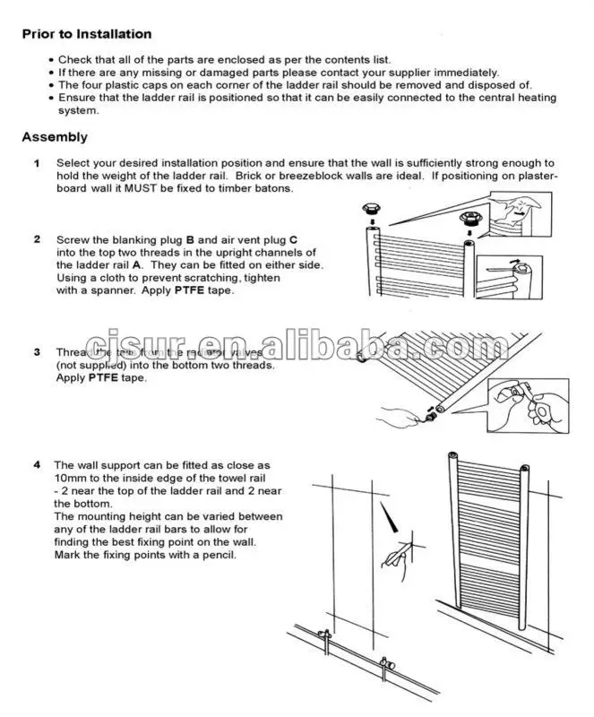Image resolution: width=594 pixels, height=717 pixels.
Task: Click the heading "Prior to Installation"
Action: click(87, 34)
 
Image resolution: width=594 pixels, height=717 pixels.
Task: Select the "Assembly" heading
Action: click(55, 137)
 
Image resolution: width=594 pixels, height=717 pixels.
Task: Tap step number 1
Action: click(37, 163)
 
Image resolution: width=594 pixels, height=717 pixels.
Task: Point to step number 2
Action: click(37, 240)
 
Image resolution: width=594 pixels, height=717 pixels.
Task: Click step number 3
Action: click(37, 352)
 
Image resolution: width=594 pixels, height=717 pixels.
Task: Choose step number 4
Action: click(37, 465)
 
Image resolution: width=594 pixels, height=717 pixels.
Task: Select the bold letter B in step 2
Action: click(190, 240)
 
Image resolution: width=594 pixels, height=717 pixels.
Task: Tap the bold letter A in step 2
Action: click(137, 265)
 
